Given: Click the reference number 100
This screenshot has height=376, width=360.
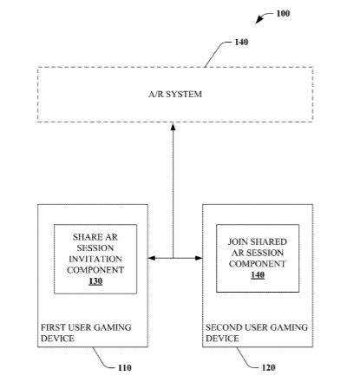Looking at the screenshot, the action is (x=283, y=14).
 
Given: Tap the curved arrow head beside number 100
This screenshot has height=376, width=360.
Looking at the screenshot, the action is (x=259, y=20).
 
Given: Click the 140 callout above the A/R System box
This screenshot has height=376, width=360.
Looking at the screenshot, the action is (x=241, y=43).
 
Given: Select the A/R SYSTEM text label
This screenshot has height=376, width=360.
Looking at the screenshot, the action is (x=175, y=94).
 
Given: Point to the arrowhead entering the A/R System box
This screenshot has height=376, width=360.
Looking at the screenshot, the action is (x=173, y=127).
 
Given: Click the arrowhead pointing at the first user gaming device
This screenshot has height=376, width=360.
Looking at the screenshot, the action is (x=152, y=258).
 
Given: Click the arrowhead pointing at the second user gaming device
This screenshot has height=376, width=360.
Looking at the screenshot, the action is (x=199, y=258).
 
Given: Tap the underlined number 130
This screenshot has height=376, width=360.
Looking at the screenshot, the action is (x=95, y=281).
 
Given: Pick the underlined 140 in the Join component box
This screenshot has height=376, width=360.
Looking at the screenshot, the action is (x=258, y=274).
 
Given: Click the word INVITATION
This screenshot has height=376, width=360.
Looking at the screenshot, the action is (x=95, y=259).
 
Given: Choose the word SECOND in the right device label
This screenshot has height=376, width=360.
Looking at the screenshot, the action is (x=224, y=327).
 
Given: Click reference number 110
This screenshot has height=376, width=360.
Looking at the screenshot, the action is (x=125, y=368).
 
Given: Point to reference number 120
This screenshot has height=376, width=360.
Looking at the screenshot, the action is (x=268, y=367).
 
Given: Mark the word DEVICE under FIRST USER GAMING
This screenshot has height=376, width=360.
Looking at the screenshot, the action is (x=57, y=339).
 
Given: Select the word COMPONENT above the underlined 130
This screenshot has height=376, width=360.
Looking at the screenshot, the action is (x=95, y=270).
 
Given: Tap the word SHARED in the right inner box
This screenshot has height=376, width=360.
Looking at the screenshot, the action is (x=268, y=241).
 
